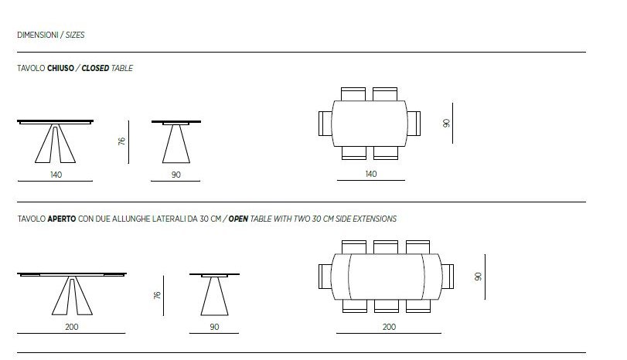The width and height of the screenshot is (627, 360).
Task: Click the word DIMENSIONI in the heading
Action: [x=38, y=36]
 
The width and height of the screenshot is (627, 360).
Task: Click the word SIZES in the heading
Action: [x=75, y=36]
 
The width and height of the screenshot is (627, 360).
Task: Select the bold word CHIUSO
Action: [x=60, y=68]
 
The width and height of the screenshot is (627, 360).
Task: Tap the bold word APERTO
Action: [x=62, y=219]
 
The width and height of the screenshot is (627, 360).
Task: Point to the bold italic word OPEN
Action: [x=238, y=219]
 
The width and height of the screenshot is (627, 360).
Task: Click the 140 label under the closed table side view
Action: [x=56, y=175]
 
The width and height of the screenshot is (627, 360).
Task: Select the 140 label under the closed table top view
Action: [x=371, y=174]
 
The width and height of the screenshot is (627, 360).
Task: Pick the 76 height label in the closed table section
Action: [x=121, y=141]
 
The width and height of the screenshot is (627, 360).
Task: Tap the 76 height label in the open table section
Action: [x=157, y=295]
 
